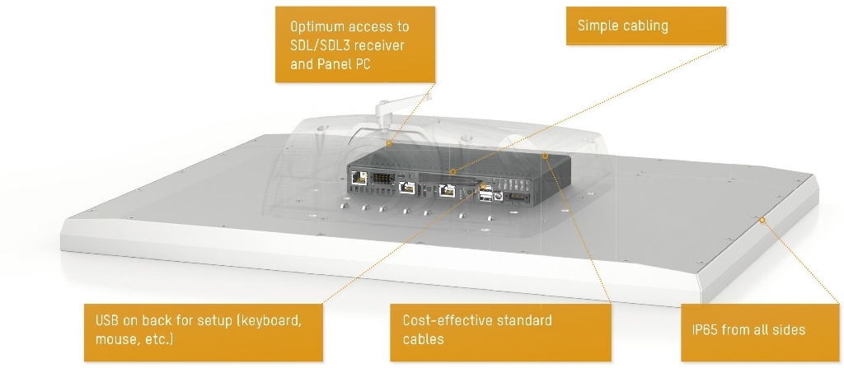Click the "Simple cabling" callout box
click(x=645, y=26)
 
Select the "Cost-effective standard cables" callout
click(x=500, y=330)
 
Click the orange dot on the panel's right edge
click(x=763, y=220)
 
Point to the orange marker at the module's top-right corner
click(x=545, y=154)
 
